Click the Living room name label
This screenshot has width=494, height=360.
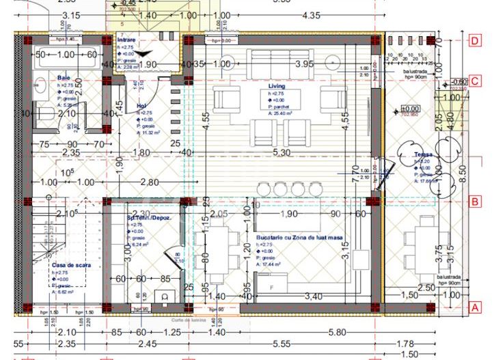click(x=276, y=87)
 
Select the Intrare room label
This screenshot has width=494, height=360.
click(x=126, y=40)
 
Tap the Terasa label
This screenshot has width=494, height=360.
click(x=423, y=155)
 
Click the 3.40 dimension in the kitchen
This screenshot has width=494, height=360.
click(x=313, y=296)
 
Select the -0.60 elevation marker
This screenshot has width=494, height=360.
click(x=460, y=81)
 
